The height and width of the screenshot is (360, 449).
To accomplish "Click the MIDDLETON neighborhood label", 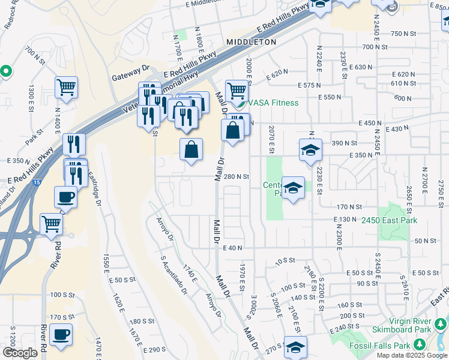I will click(x=252, y=42).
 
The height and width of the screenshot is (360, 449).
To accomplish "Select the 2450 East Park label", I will click(x=389, y=221).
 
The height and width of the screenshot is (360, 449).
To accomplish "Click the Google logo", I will click(x=20, y=353).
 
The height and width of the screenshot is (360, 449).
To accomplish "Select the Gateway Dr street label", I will click(x=130, y=78).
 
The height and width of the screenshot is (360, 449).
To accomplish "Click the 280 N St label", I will click(x=236, y=176).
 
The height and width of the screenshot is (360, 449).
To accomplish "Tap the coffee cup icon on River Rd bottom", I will click(x=61, y=334).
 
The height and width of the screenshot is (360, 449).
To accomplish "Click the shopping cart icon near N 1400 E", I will click(x=66, y=87).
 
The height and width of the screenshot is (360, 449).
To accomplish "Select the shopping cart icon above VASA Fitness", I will click(x=237, y=91).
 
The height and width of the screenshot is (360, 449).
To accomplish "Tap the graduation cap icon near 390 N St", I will click(x=311, y=150).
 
